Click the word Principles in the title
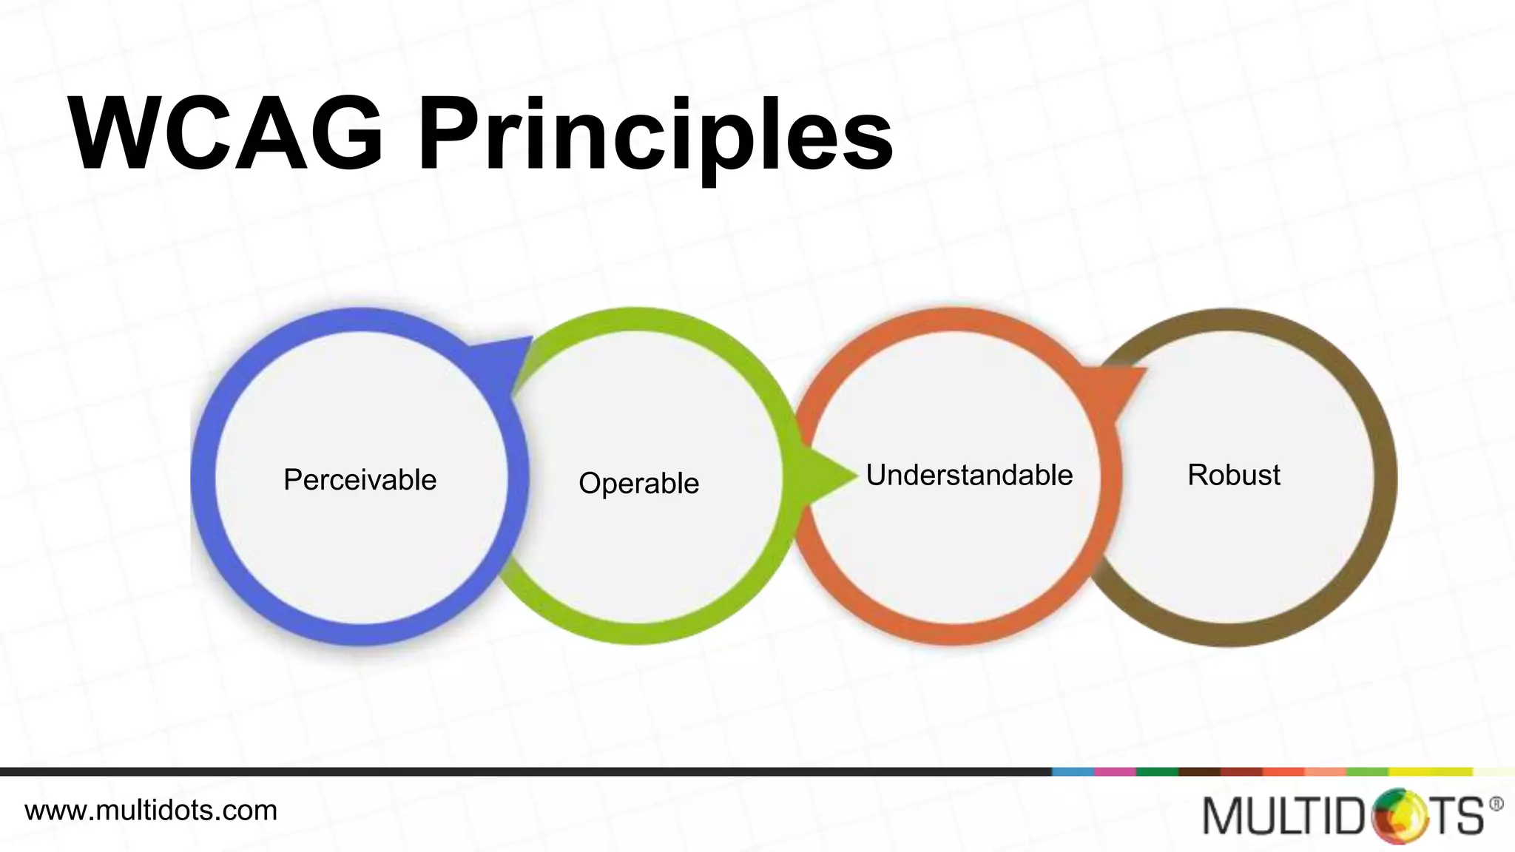tap(655, 137)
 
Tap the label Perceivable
tap(360, 480)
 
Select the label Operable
tap(638, 483)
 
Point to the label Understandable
tap(969, 475)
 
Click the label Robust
tap(1233, 475)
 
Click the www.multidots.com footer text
tap(151, 811)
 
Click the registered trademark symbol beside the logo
tap(1496, 804)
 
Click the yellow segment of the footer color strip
tap(1431, 771)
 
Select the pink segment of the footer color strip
tap(1115, 771)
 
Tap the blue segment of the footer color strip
tap(1073, 771)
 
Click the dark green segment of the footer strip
tap(1157, 771)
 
